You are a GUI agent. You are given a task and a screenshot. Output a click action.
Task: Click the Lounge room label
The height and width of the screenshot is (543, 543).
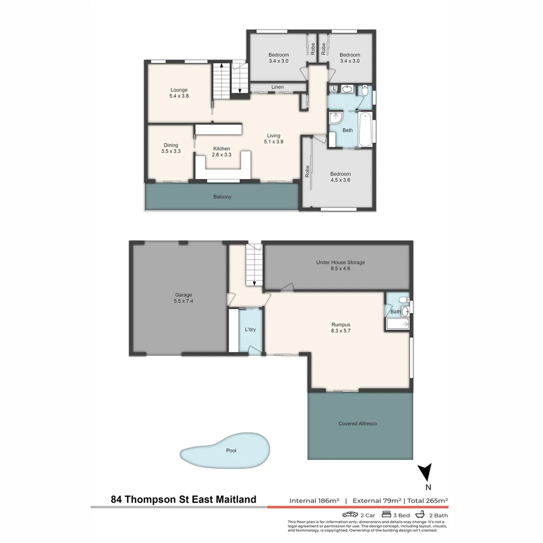point(178,93)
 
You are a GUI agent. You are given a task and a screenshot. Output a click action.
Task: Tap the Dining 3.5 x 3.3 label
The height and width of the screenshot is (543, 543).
point(170,148)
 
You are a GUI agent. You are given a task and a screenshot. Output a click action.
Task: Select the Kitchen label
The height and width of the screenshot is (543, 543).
point(221,152)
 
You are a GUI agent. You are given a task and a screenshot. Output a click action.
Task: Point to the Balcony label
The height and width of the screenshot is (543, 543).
point(222,197)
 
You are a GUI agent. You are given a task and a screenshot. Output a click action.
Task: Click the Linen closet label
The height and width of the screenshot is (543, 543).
point(278,87)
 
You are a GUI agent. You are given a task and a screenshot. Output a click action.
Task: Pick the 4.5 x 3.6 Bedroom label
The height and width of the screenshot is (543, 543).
point(340,177)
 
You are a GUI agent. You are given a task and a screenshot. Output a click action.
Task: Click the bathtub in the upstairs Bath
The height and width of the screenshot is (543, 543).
point(366,129)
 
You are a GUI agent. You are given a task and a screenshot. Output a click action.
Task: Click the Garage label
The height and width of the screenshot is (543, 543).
point(184,298)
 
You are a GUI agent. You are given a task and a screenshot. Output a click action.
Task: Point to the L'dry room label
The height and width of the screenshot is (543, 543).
point(250,330)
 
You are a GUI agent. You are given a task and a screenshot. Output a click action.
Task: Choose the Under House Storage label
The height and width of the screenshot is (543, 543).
point(340,265)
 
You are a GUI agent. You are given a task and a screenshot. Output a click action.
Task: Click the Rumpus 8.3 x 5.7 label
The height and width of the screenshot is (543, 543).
point(340,328)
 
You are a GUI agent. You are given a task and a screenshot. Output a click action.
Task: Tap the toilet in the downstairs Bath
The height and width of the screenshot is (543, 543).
point(403,301)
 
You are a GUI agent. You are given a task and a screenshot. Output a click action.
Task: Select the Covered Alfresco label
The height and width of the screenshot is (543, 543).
point(357,424)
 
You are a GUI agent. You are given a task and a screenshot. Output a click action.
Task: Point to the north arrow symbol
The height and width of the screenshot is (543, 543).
point(425,473)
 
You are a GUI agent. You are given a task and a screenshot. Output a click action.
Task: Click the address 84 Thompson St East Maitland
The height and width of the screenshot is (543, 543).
point(184,500)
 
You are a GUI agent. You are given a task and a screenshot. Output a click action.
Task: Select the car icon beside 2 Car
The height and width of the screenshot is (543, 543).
point(350,515)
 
